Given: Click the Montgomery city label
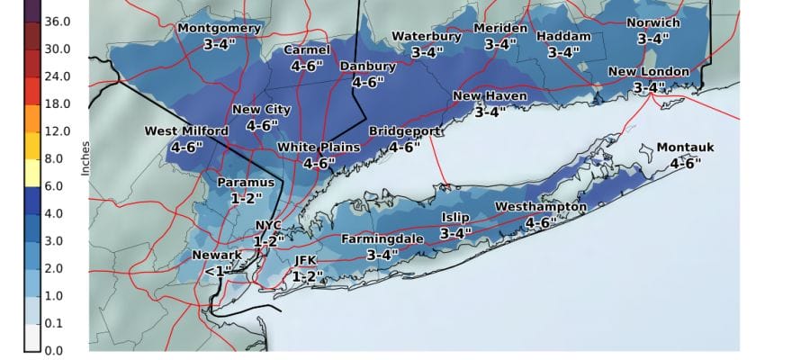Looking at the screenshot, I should (219, 28).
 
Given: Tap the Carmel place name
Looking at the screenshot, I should (307, 50).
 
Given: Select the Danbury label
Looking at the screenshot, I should (367, 67).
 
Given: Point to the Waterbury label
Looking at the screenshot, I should (427, 37).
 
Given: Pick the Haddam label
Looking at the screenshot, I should (563, 37).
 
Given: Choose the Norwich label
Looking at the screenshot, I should (653, 22).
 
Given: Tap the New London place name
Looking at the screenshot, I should (648, 72).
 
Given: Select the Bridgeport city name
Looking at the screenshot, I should (404, 131).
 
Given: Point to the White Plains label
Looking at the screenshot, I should (319, 148).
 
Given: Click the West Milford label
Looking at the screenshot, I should (186, 131).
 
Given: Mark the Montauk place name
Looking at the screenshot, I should (685, 148).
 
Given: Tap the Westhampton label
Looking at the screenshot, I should (541, 207).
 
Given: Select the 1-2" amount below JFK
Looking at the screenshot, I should (307, 276).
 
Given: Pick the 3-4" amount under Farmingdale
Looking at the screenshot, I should (382, 255).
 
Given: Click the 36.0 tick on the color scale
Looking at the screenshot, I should (56, 21).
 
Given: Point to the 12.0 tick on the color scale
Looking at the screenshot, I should (56, 131).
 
